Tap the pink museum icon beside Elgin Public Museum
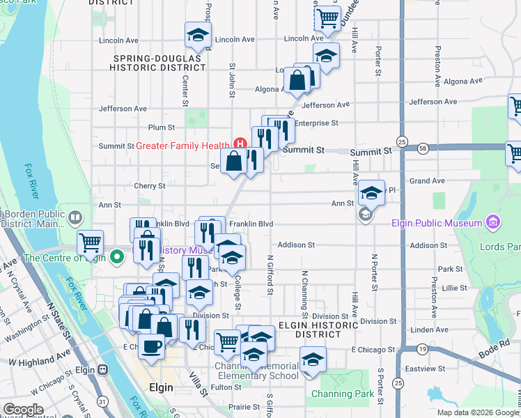coord(493,223)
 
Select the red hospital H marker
coord(240,145)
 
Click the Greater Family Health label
coord(182,146)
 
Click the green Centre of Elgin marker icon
coord(118,256)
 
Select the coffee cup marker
coord(152,346)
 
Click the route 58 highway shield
coord(423,148)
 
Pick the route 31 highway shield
coord(102,402)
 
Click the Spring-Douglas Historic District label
coord(157,63)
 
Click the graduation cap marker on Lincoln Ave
coord(198,36)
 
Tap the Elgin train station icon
coord(102,369)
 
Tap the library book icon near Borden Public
coord(75,219)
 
